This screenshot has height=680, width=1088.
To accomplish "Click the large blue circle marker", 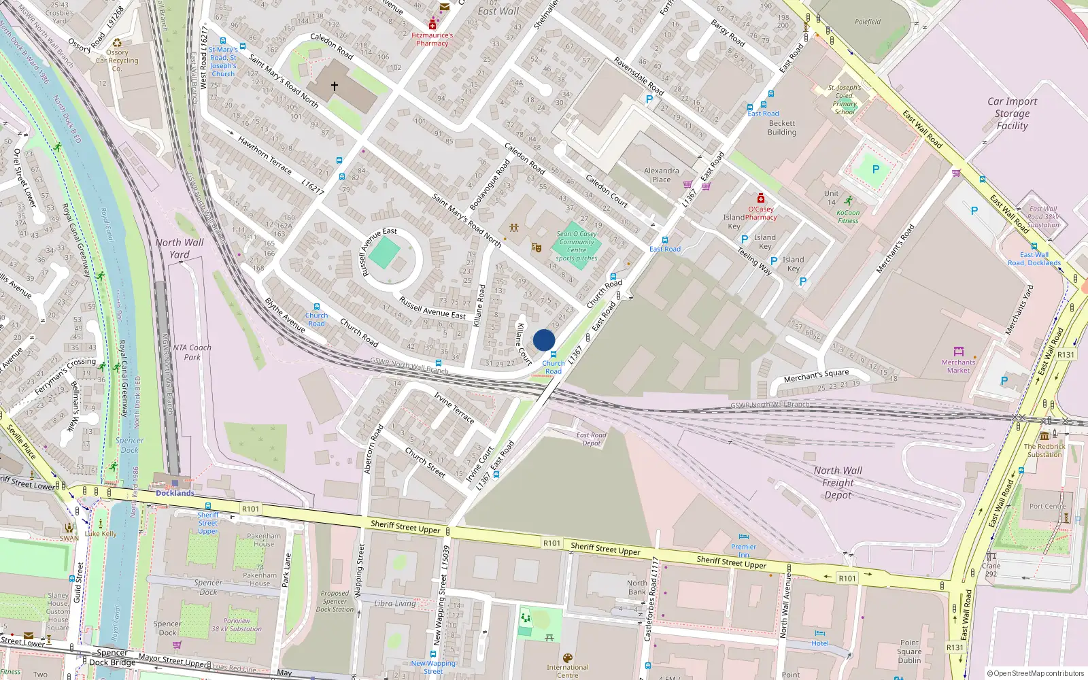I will [x=544, y=340].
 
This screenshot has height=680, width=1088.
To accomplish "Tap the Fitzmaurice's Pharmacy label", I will [x=432, y=39].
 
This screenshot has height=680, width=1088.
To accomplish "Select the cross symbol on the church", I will [x=335, y=86].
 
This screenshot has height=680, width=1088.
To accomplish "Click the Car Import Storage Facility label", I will [x=1012, y=114].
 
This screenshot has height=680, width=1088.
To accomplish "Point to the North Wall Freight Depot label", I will [x=838, y=483].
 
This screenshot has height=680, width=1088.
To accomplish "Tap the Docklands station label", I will [x=175, y=493].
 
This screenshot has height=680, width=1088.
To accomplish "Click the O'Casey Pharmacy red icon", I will [x=761, y=199].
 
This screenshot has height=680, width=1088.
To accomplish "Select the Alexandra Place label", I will [x=661, y=175].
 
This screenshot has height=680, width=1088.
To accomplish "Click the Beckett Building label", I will [x=782, y=128].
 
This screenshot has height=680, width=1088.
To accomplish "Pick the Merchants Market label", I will [x=958, y=367].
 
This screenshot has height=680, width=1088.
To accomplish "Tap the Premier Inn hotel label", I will [x=743, y=551].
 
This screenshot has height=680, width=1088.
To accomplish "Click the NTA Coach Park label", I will [x=192, y=352].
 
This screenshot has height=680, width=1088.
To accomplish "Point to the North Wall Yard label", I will [x=179, y=248].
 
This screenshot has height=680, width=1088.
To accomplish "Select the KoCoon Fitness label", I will [x=848, y=216].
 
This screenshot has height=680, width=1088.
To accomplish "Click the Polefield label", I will [x=868, y=22].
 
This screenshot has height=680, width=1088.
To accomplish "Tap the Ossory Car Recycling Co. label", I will [x=117, y=60].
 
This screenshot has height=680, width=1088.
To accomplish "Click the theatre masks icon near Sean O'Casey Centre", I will [x=536, y=248].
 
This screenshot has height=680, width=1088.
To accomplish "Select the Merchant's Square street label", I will [x=816, y=376].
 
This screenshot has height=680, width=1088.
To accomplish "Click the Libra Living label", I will [x=395, y=603].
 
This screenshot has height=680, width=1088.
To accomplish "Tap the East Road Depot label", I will [x=591, y=439].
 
